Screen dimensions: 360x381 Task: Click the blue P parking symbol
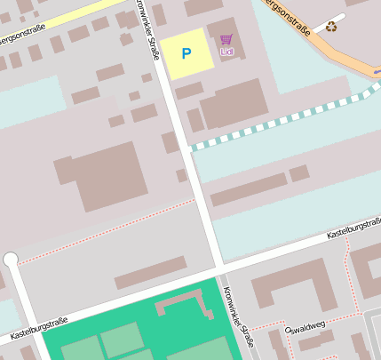pos(186,53)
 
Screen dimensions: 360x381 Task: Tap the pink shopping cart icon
pos(226,39)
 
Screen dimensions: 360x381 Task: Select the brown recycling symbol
pos(331,27)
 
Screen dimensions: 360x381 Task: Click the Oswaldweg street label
pos(304,330)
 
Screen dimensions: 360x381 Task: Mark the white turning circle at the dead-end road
pos(11,260)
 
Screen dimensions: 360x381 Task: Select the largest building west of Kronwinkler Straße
pos(102,174)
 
